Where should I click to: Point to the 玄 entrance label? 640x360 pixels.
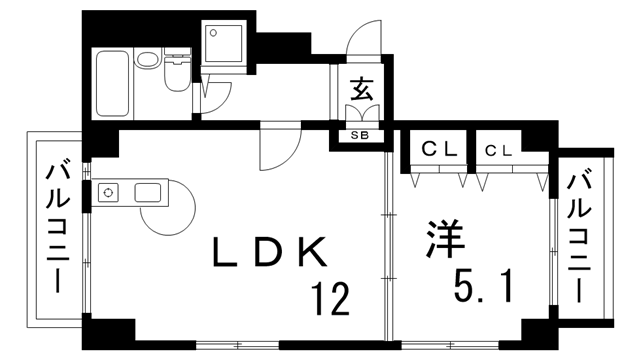coord(361,90)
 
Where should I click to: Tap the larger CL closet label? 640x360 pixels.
coord(437,150)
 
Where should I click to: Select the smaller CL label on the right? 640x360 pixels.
coord(499,150)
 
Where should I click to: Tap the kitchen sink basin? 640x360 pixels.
coord(149,191)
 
